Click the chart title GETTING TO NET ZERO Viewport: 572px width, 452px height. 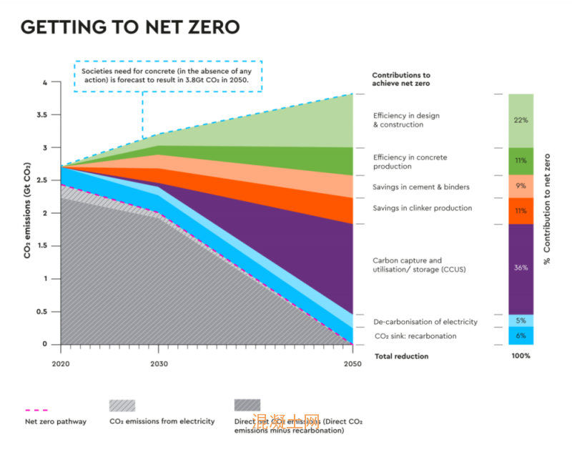130,27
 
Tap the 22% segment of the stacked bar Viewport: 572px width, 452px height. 521,120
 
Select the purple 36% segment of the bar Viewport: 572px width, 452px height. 521,268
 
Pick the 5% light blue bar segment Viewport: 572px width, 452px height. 521,320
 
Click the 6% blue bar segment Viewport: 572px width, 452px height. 521,335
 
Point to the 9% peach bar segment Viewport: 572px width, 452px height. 521,186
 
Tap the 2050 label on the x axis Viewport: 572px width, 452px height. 352,363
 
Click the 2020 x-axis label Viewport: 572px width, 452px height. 61,363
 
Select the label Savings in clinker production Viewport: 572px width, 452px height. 423,208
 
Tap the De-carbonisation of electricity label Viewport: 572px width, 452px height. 425,322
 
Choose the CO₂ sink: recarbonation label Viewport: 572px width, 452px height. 415,336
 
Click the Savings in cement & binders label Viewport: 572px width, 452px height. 421,187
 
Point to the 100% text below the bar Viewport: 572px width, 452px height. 521,356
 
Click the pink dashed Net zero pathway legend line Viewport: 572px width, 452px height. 36,410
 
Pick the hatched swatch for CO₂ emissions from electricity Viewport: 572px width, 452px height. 122,406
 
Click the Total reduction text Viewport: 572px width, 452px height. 401,356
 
